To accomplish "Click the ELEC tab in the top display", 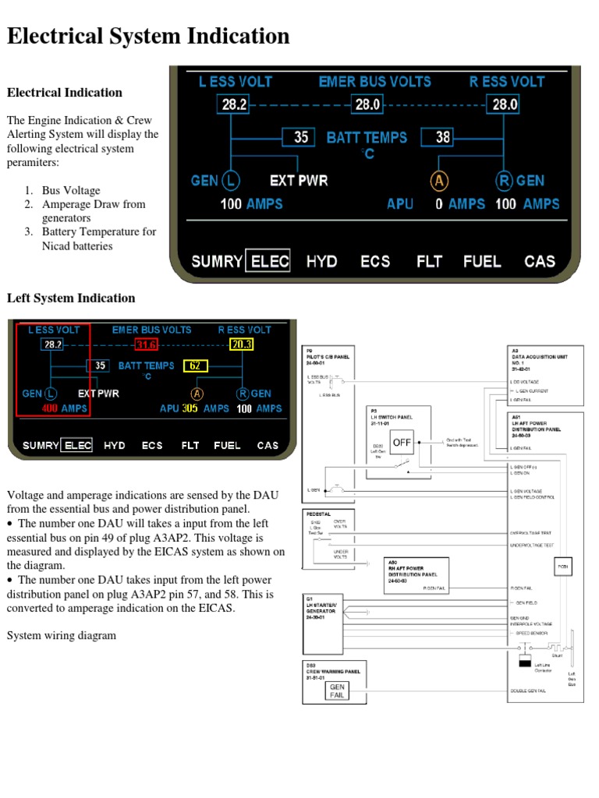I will click(268, 261).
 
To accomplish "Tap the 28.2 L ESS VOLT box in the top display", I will click(235, 104).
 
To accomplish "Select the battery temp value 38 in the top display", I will click(442, 138).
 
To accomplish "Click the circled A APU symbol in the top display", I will click(439, 181).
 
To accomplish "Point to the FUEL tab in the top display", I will click(482, 261).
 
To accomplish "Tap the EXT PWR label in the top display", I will click(299, 181).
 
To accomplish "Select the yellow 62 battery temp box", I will click(196, 365).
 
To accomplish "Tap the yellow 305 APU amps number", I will click(190, 408).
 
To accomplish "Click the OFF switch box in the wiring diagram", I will click(402, 443).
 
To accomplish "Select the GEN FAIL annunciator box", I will click(337, 691).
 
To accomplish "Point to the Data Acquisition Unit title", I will click(538, 356).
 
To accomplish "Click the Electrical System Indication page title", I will click(148, 36).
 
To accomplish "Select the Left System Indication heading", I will click(71, 298).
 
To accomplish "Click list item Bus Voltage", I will click(71, 190).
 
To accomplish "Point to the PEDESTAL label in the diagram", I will click(320, 514).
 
